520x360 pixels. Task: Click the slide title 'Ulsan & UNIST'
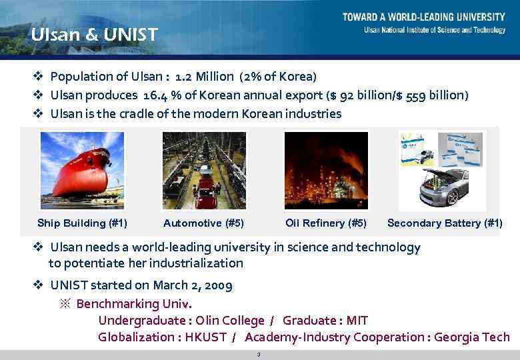coord(94,34)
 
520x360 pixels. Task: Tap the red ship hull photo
coord(82,170)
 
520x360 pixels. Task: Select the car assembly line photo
coord(204,170)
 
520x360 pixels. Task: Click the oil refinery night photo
coord(326,170)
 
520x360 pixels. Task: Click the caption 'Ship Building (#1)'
coord(82,223)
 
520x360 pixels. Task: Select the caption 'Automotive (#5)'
coord(203,223)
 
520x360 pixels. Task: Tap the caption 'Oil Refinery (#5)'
coord(325,223)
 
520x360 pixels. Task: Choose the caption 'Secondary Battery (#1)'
coord(445,223)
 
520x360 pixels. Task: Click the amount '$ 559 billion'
coord(434,95)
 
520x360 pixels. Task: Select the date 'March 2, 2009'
coord(193,285)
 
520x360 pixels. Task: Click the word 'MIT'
coord(356,321)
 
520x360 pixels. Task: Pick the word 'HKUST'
coord(203,337)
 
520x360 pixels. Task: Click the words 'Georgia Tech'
coord(471,337)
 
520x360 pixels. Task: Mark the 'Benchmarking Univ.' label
coord(134,304)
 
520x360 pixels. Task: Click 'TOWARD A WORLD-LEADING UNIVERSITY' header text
coord(424,17)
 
